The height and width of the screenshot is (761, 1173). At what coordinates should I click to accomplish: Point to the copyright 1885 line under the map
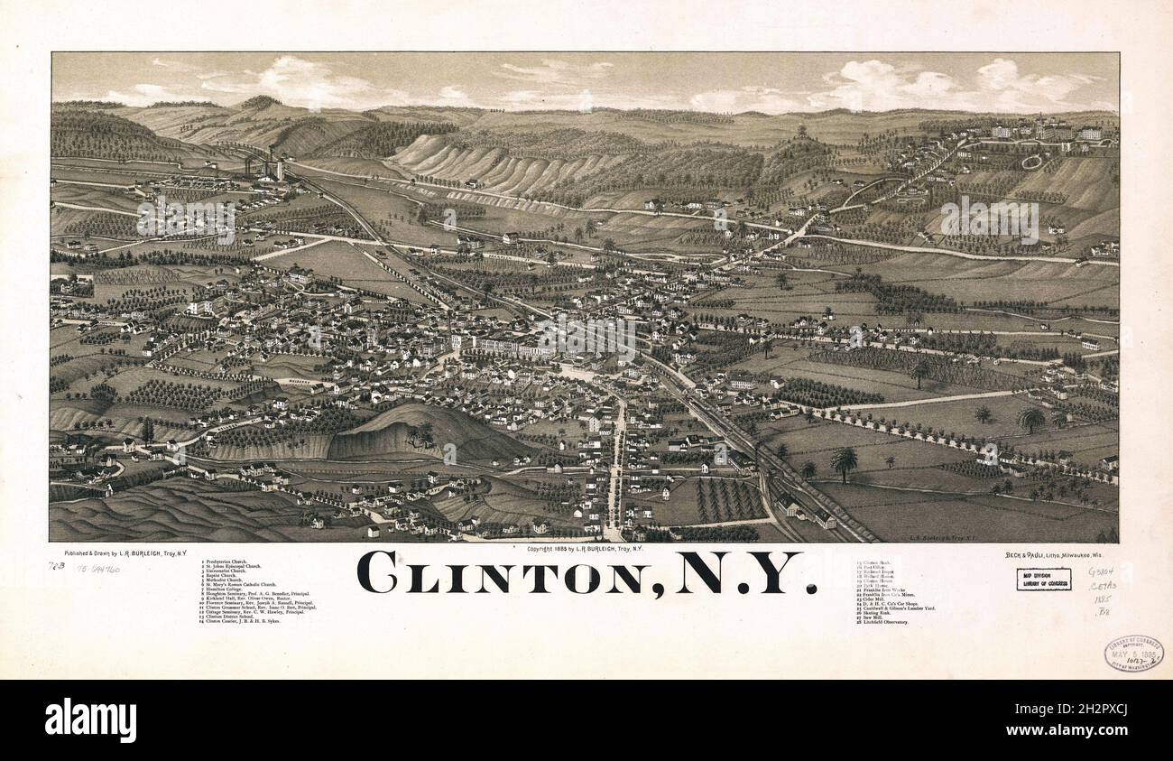point(584,549)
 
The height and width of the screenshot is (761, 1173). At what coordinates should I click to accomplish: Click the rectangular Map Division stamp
point(1043,579)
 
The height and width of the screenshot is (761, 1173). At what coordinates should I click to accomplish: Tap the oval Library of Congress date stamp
point(1132,653)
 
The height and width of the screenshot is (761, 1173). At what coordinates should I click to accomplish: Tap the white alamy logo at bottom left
point(90,720)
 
